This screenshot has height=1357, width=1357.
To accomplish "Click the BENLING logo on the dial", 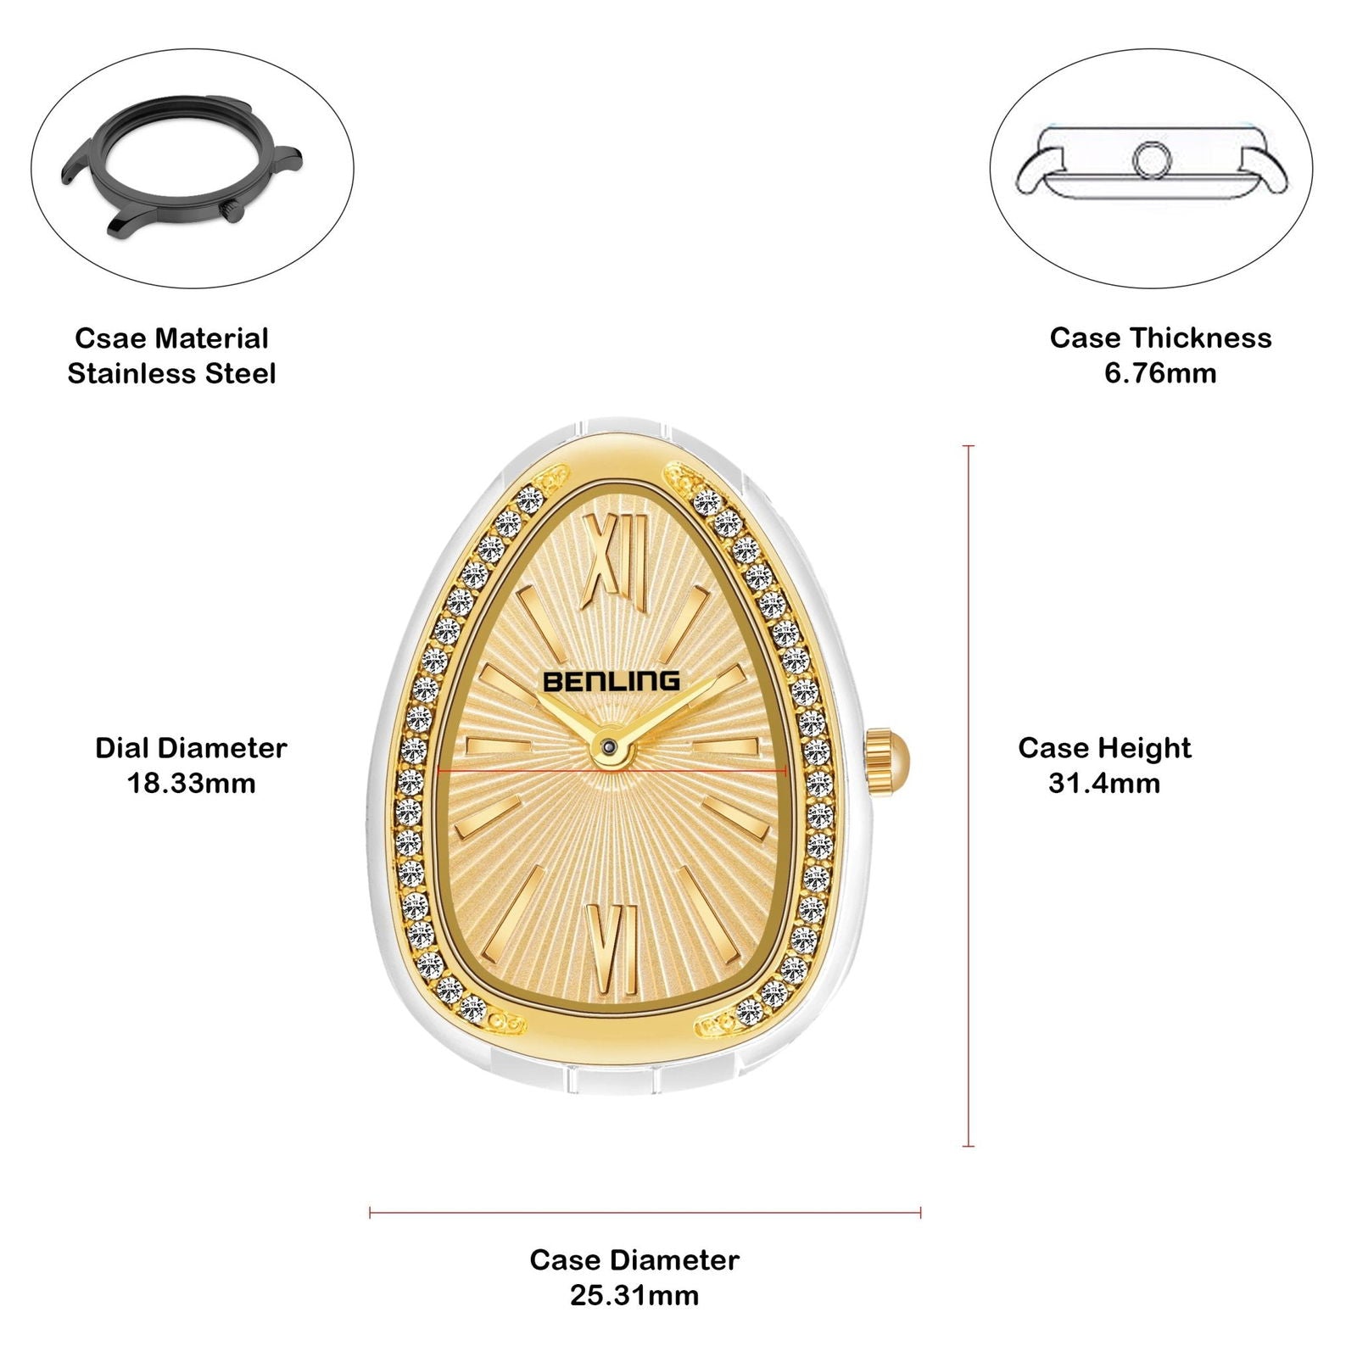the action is [611, 680].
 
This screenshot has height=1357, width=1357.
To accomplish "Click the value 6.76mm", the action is [1160, 373].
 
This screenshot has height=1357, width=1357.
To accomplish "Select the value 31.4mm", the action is [1104, 783].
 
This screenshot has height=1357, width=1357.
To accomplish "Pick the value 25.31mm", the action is [634, 1295].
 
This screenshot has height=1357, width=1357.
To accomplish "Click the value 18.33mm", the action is [192, 783].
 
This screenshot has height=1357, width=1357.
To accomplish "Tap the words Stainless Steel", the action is [172, 374].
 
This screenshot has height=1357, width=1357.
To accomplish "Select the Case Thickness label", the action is [1160, 338].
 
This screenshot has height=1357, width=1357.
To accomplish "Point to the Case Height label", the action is [1104, 748].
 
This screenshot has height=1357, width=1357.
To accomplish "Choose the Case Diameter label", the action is [634, 1259].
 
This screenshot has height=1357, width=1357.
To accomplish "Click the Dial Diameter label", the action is [192, 748].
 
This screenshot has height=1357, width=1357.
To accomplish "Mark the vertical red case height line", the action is [969, 796].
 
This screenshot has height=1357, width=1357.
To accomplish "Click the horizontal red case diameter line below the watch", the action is [645, 1213].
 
